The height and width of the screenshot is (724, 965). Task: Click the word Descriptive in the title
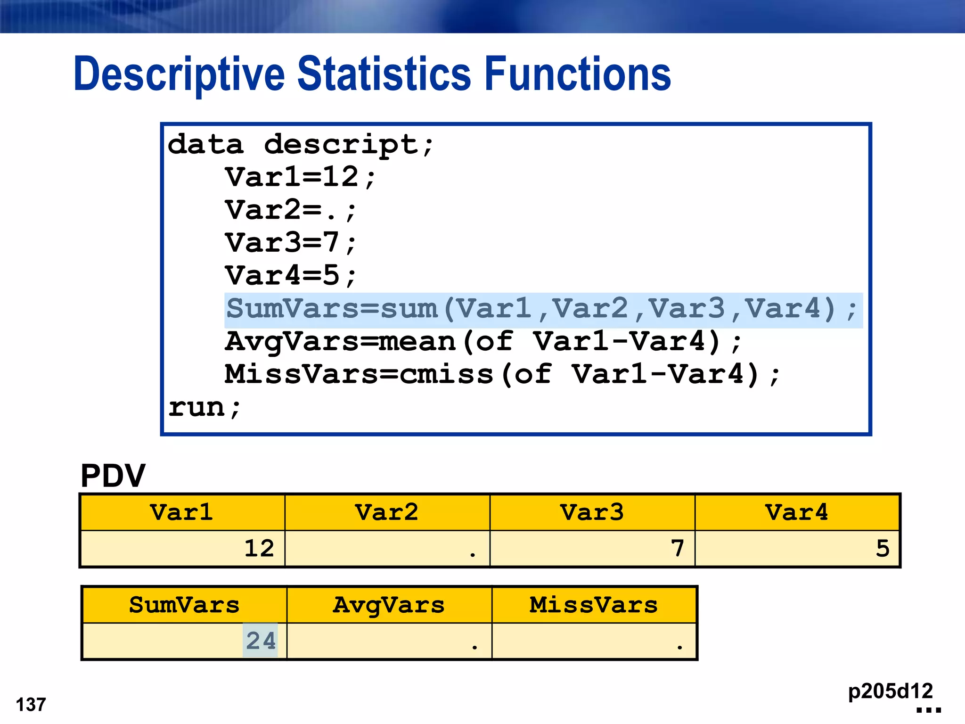(x=179, y=74)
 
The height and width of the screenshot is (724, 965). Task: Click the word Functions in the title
(x=577, y=74)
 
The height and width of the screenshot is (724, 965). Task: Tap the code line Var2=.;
(x=290, y=211)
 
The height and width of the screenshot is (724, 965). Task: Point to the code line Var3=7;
(x=290, y=243)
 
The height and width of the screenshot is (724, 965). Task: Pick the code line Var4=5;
(x=290, y=276)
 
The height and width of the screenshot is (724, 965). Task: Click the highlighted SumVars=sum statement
(x=542, y=310)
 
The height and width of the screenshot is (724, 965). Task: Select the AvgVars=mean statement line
(x=483, y=342)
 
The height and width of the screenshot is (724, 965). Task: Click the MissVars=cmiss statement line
(x=502, y=375)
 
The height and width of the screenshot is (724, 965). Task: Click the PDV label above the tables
(x=113, y=476)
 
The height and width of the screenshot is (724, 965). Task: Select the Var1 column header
(x=182, y=512)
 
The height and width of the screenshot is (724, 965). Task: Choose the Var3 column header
(x=592, y=512)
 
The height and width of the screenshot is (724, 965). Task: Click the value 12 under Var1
(x=259, y=549)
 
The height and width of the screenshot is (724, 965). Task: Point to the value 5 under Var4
(x=883, y=549)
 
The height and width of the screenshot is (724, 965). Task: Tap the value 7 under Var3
(x=678, y=549)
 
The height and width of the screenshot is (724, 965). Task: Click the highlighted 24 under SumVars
(x=261, y=641)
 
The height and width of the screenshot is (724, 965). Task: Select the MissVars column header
(x=594, y=605)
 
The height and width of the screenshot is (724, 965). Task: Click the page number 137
(x=31, y=705)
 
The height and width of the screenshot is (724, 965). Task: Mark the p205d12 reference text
(x=890, y=691)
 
